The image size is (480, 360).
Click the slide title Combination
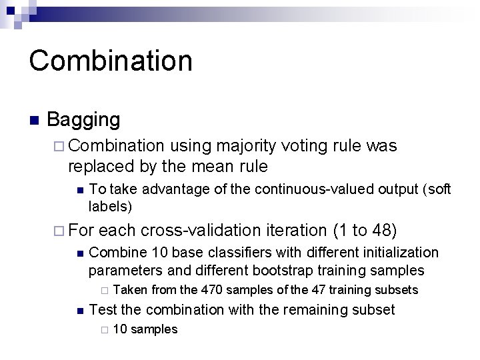[x=111, y=60]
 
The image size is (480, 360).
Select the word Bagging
[x=84, y=120]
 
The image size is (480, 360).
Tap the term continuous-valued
[x=322, y=191]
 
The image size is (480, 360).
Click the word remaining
[x=315, y=310]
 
